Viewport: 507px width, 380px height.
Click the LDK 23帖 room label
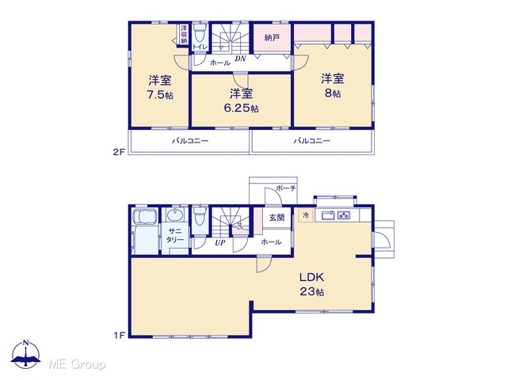311,284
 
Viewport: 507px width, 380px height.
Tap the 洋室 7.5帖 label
160,87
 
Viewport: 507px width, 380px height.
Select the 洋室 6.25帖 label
241,101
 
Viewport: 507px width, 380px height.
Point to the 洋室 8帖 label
333,85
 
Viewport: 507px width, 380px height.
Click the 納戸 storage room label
272,38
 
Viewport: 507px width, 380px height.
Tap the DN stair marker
240,59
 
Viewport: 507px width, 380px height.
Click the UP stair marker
220,242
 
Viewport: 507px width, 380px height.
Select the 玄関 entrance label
276,218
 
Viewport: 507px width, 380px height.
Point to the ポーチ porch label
286,188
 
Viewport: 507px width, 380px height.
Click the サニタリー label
175,235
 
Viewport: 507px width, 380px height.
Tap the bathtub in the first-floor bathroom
145,216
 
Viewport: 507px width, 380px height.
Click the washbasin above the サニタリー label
175,215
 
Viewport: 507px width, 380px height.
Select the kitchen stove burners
343,215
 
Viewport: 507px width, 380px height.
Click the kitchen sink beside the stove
328,215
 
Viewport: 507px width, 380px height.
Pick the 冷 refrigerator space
306,215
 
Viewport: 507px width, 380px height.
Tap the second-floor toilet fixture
200,34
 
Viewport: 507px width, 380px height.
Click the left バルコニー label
190,141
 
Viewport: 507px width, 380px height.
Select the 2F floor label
119,152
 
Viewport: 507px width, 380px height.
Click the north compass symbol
26,355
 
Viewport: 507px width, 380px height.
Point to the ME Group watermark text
77,364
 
